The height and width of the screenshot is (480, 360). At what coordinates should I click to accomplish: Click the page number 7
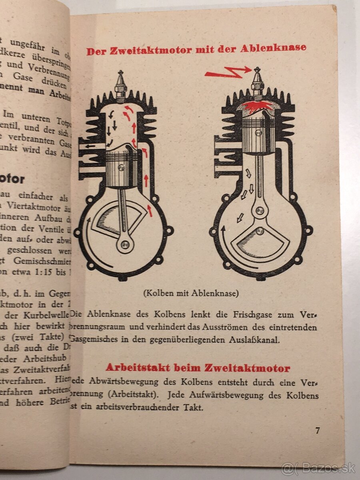[x=317, y=431]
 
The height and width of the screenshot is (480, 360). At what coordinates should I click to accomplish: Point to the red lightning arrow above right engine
[x=227, y=72]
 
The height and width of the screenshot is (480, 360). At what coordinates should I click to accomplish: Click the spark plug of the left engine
[x=121, y=85]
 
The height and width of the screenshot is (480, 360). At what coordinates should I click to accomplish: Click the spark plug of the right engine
[x=257, y=82]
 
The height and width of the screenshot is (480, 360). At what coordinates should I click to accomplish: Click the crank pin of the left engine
[x=125, y=244]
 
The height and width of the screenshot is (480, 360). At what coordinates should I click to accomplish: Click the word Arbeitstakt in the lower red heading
[x=138, y=368]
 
